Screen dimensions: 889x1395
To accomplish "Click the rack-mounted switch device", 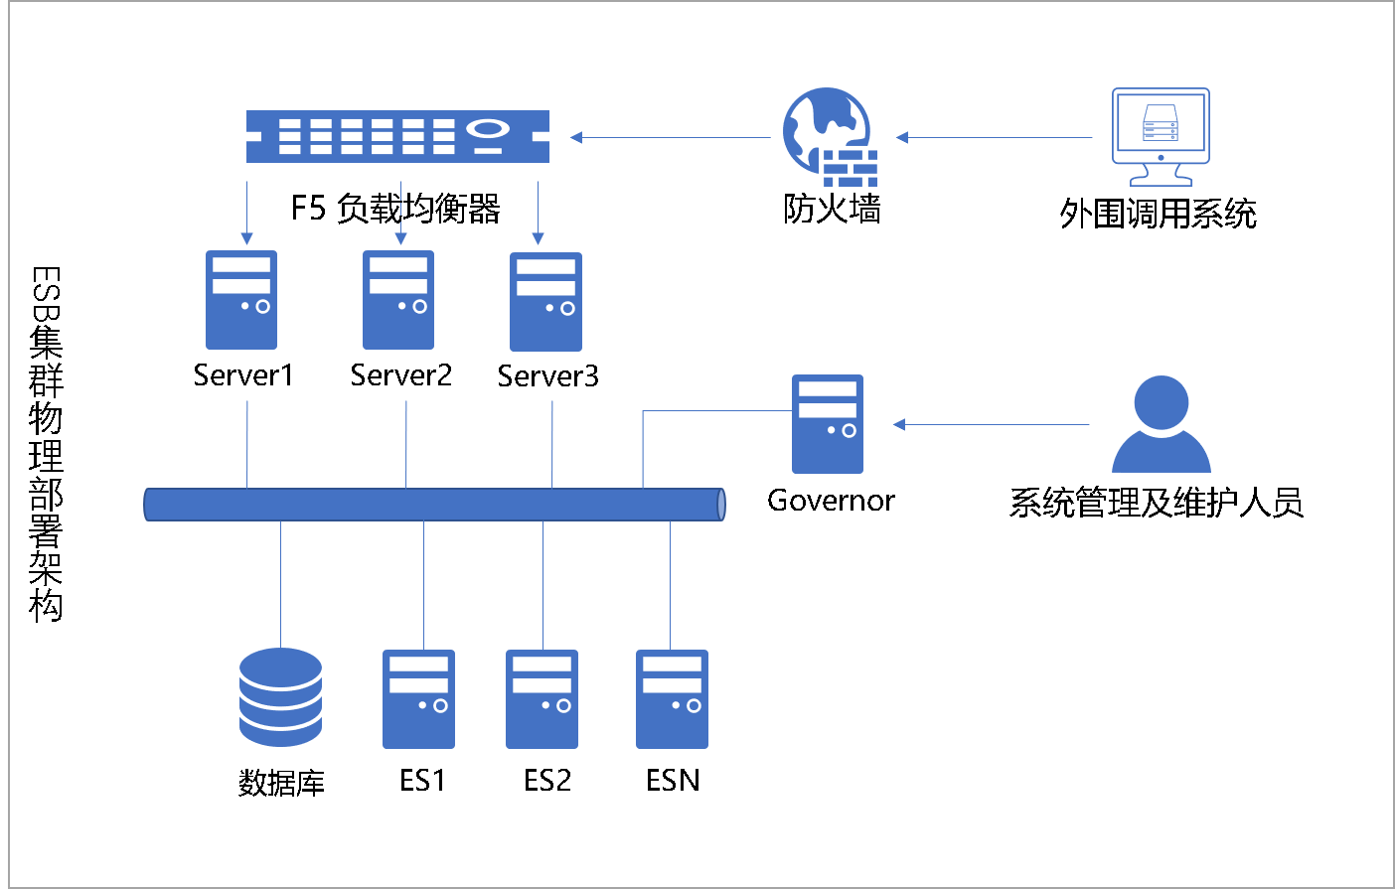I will tap(397, 136).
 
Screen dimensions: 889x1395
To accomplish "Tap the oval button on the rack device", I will tap(488, 128).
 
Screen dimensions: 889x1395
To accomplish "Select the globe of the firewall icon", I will tap(821, 123).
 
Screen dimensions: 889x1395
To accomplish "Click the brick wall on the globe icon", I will tap(851, 168).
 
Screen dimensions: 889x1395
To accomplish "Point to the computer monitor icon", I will tap(1161, 136).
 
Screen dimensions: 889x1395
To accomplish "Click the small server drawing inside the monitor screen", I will tap(1161, 123).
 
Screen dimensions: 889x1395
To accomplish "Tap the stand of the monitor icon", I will tap(1161, 176).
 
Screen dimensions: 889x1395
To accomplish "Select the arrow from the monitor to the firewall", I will tap(994, 137).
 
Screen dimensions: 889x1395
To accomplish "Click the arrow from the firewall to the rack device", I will tap(671, 137).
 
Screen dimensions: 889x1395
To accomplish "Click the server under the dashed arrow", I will tap(398, 300).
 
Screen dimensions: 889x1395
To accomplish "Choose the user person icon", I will tap(1161, 424).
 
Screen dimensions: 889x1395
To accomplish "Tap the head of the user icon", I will tap(1161, 401).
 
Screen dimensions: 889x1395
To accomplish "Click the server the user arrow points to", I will tap(828, 424).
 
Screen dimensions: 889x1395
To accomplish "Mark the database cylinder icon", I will tap(280, 697).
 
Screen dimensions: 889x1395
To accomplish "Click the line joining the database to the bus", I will tap(280, 584).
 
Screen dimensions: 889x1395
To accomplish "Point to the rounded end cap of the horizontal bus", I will tap(721, 505).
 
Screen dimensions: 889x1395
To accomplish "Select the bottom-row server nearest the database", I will tap(418, 699).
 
